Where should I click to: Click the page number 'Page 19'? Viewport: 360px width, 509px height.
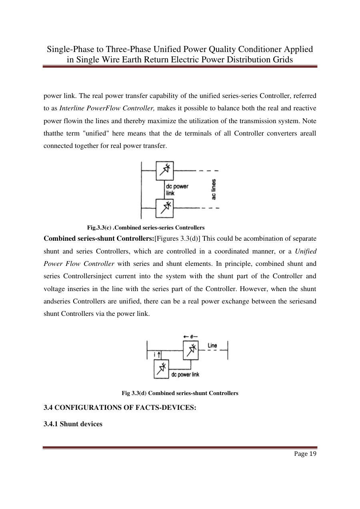coord(306,453)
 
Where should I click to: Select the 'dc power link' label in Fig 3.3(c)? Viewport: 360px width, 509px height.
coord(176,190)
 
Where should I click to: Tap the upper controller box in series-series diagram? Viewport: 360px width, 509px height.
coord(164,170)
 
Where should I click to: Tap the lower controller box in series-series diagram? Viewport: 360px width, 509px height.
coord(164,208)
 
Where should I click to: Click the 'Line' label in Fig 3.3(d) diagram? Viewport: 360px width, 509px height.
coord(212,345)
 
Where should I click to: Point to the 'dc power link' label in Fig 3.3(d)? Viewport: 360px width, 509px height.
coord(185,374)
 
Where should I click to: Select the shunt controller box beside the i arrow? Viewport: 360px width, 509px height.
coord(162,369)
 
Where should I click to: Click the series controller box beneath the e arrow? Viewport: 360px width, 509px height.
coord(191,350)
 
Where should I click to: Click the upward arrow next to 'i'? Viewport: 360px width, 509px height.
coord(159,354)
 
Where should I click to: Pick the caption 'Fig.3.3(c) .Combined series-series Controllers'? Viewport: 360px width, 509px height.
coord(146,228)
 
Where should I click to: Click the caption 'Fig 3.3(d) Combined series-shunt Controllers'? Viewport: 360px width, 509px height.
coord(180,393)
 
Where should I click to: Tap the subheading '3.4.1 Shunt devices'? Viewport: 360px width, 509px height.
coord(72,424)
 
